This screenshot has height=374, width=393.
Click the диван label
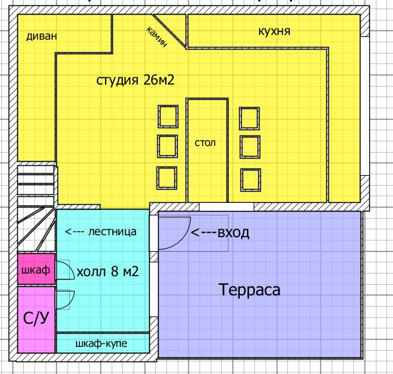(42, 36)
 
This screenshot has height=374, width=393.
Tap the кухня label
(274, 31)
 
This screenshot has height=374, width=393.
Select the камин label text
(157, 36)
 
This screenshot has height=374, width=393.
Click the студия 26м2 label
(135, 80)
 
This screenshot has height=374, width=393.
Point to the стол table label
(205, 143)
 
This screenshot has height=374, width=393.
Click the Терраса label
(250, 289)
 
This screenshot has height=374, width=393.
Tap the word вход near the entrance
(233, 233)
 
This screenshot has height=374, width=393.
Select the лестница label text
(112, 232)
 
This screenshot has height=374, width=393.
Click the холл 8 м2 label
(108, 272)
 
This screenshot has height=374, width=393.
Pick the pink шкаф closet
(36, 269)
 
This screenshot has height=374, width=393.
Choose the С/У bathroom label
(36, 318)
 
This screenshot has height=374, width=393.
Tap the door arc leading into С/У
(70, 303)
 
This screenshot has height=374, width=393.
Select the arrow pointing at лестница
(75, 232)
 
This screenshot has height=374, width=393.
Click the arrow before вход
(203, 233)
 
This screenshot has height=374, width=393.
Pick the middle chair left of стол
(167, 147)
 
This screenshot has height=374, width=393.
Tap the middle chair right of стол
(250, 147)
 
